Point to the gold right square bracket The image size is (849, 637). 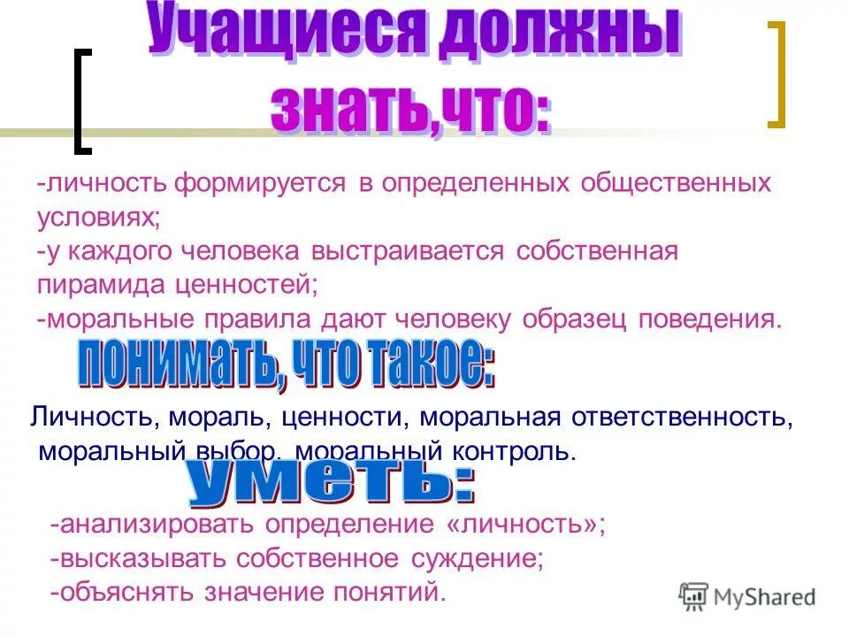(x=776, y=74)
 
